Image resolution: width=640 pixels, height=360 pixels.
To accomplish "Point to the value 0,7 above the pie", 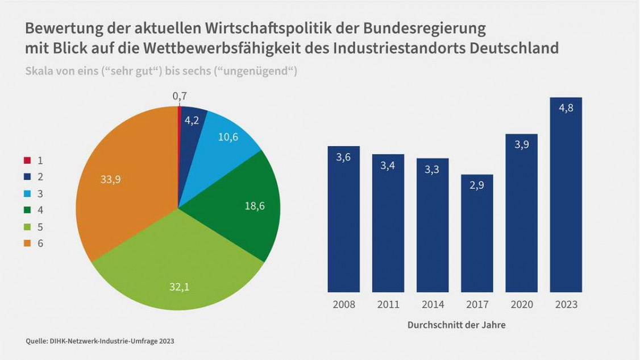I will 180,96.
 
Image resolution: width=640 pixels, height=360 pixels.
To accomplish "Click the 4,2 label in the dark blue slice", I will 192,120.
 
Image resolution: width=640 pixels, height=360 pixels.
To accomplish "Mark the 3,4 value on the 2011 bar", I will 388,166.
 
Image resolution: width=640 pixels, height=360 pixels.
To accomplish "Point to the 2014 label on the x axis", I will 433,305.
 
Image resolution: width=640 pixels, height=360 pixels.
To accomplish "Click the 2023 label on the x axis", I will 566,305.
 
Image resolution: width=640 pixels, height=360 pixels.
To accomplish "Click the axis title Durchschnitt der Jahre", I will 456,325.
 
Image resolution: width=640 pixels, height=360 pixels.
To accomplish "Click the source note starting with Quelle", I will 100,341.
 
